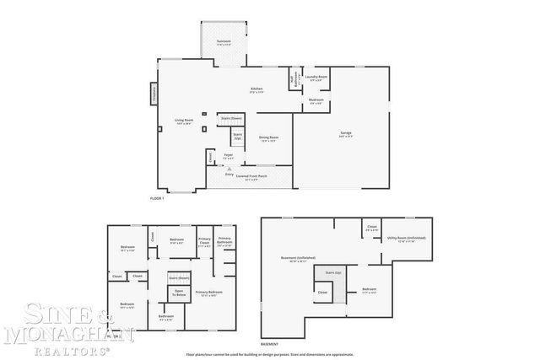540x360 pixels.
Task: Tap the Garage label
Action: click(345, 134)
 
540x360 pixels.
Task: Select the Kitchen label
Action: click(257, 89)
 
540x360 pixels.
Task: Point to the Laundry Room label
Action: click(316, 78)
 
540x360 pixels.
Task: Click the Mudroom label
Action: click(316, 101)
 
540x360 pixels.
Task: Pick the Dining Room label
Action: click(269, 138)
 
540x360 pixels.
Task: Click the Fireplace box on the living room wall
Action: click(154, 94)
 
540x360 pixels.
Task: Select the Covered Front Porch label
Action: click(251, 176)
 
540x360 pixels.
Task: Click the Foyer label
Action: click(227, 156)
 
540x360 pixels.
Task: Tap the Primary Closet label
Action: click(204, 242)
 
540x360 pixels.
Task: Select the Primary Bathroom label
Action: click(224, 241)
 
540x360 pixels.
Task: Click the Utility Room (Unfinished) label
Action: click(407, 239)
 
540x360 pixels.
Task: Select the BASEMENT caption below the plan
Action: click(270, 345)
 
